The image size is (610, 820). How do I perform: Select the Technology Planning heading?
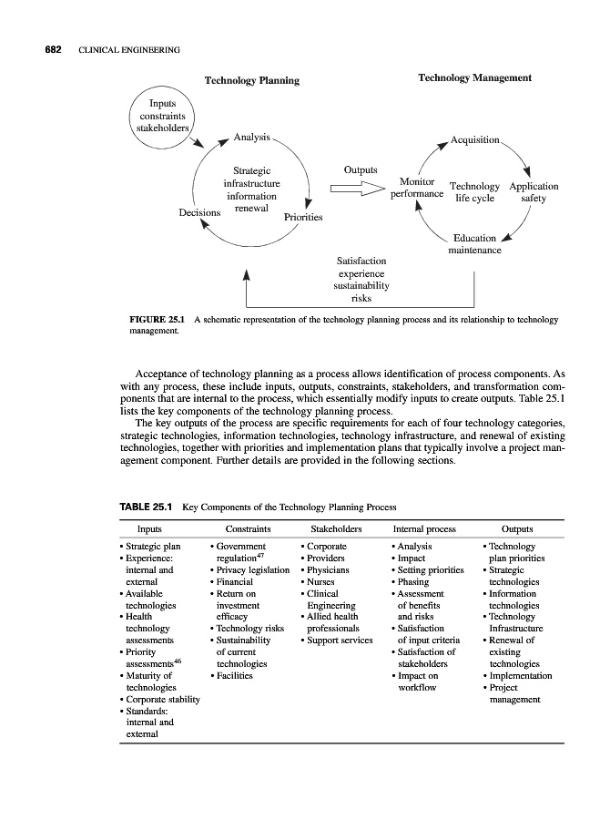coord(251,81)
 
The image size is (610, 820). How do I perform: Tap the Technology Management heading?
coord(474,79)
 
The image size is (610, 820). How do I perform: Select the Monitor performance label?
coord(416,188)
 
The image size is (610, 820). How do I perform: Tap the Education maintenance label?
coord(474,244)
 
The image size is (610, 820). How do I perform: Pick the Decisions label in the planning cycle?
coord(199,212)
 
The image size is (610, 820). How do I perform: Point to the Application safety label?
coord(534,192)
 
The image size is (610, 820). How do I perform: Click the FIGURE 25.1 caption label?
coord(159,321)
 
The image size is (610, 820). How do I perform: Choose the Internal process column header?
coord(424,528)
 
